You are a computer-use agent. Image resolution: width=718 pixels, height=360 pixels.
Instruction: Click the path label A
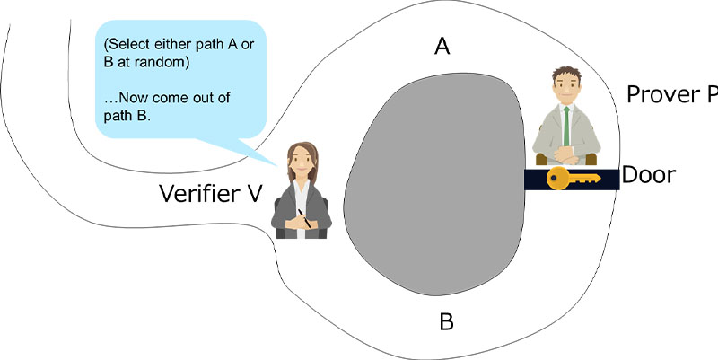442,47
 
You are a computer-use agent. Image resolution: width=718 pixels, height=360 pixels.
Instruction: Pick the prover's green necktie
566,125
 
